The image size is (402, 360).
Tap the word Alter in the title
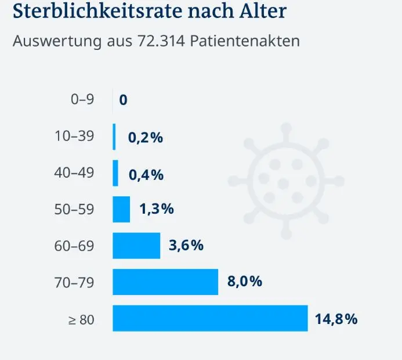coord(263,11)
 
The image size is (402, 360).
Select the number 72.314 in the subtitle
coord(161,41)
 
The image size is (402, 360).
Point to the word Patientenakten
coord(245,41)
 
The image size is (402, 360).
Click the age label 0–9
coord(82,99)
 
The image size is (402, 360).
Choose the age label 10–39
coord(74,136)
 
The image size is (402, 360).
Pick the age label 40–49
coord(74,172)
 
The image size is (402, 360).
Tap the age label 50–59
coord(74,209)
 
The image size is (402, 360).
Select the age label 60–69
coord(74,246)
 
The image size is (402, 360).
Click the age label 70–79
coord(74,283)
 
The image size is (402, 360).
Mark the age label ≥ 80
coord(81,320)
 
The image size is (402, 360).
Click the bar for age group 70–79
coord(165,282)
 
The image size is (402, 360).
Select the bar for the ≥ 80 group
coord(210,318)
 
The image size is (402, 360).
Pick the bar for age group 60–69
coord(136,246)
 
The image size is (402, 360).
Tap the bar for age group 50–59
coord(121,210)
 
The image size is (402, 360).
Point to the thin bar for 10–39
coord(114,137)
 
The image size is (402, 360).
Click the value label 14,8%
coord(336,319)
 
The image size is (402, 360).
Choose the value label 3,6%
coord(186,245)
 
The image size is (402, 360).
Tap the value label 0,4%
coord(146,175)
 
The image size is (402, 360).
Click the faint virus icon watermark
coord(286,181)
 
